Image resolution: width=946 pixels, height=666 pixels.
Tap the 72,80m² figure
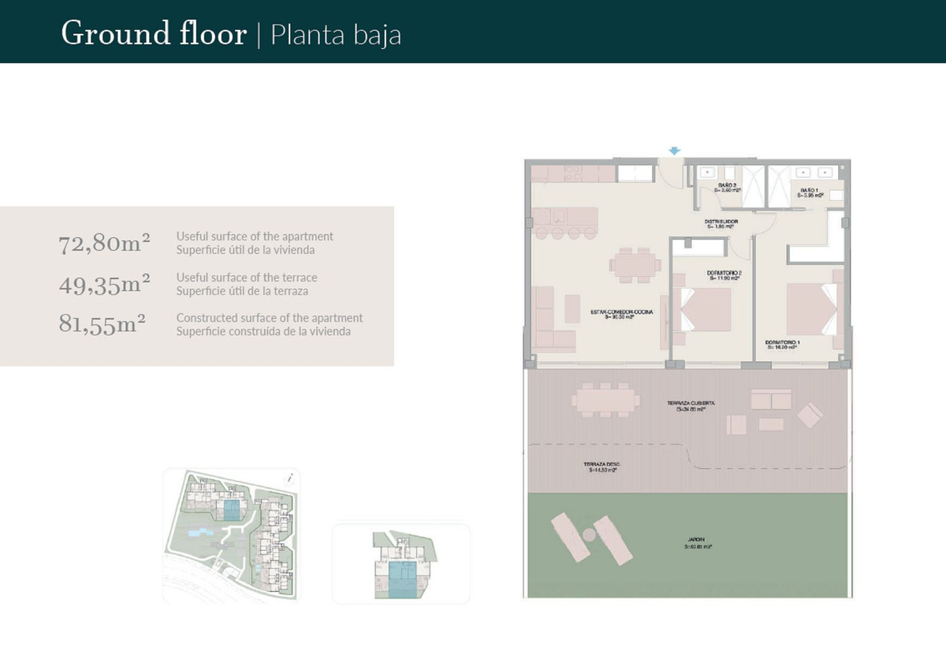coord(104,244)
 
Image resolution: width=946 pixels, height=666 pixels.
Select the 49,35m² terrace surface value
coord(104,285)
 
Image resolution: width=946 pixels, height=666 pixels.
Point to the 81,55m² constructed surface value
coord(102,325)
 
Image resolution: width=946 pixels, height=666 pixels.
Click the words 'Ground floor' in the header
coord(154,35)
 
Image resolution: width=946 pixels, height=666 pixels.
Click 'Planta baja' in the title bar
coord(336,35)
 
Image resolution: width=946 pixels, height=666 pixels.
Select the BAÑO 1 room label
coord(810,192)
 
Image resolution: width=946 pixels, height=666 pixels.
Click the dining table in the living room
coord(635,265)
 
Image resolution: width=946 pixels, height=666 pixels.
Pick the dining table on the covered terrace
coord(605,401)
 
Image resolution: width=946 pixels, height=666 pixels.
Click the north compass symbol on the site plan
coord(291,477)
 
